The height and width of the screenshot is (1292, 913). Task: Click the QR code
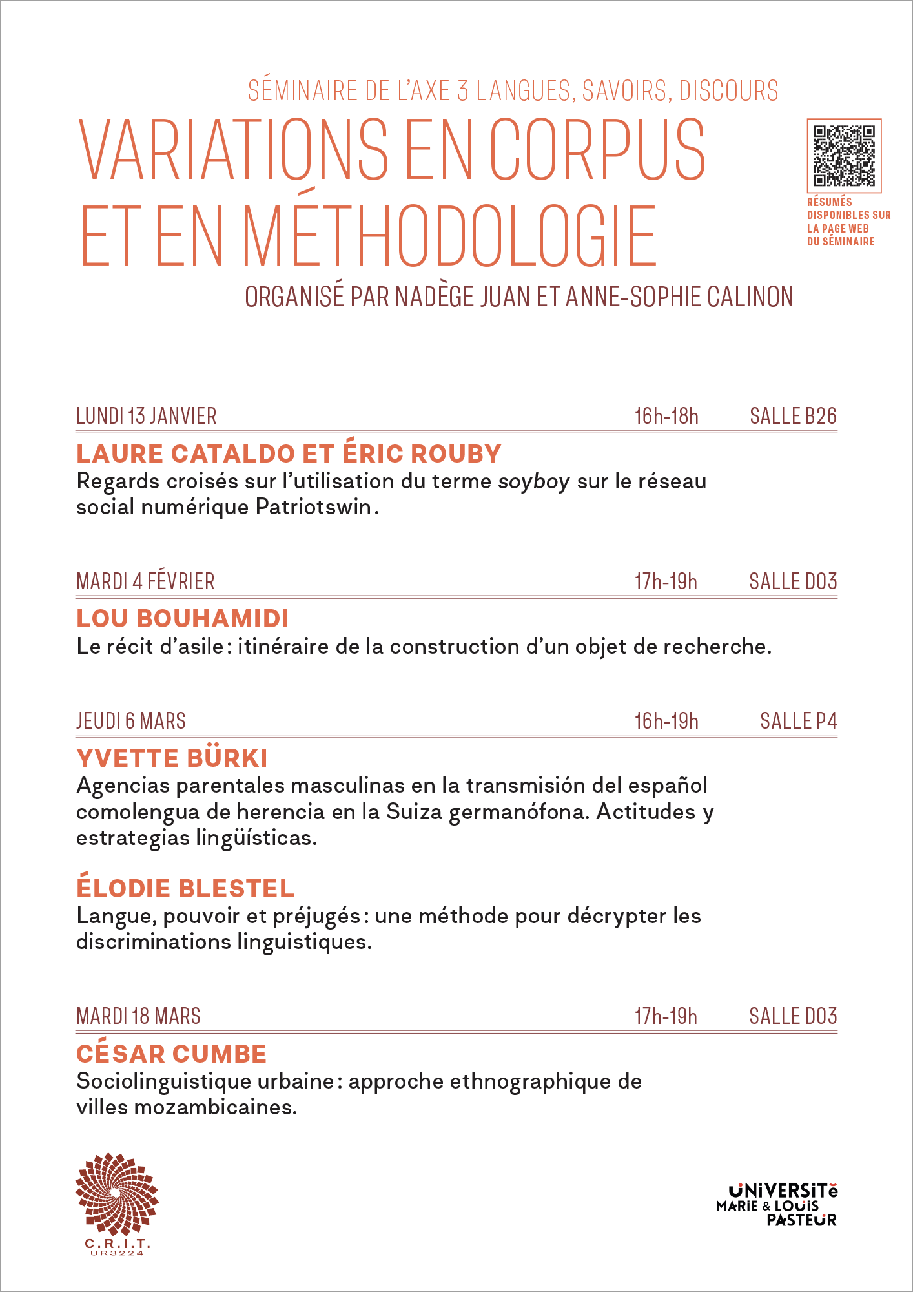coord(844,156)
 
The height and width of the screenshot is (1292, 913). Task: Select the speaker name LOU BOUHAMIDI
coord(183,619)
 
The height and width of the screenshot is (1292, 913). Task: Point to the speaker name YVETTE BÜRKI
coord(172,758)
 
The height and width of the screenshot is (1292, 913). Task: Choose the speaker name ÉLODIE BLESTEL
coord(185,889)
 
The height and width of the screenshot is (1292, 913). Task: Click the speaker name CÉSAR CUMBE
coord(171,1054)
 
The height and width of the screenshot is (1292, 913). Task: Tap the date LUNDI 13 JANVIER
coord(147,416)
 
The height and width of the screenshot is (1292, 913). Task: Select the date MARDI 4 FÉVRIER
coord(145,581)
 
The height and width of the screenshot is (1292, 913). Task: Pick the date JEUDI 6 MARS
coord(131,721)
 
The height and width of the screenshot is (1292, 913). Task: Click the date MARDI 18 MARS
coord(138,1016)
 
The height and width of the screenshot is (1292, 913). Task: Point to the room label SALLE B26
coord(793,416)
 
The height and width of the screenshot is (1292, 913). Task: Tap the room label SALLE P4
coord(798,721)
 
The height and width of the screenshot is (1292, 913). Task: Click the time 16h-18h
coord(666,416)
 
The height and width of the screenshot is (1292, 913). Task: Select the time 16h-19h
coord(666,721)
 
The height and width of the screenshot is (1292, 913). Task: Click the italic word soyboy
coord(534,482)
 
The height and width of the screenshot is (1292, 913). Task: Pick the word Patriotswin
coord(314,507)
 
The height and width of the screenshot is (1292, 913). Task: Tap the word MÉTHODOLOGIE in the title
coord(449,235)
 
